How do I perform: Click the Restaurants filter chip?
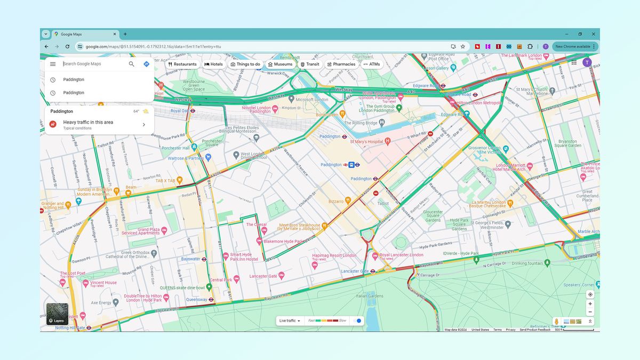182,64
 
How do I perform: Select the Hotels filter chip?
213,64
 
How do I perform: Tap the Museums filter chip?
281,64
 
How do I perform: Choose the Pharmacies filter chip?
341,64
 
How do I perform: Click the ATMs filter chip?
372,64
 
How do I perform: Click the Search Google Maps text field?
93,64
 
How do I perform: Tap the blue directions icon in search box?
146,64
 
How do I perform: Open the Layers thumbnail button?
57,314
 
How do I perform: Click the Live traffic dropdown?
290,321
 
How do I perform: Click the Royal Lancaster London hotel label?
401,255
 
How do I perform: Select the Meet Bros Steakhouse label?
300,228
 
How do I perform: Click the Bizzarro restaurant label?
336,202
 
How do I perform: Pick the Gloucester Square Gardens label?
433,215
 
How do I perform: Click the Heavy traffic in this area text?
88,122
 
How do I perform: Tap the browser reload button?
67,46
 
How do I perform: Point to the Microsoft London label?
312,100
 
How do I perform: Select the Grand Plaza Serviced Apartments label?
141,231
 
